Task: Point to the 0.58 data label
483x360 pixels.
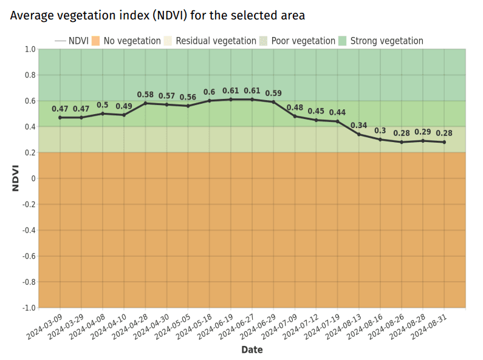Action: click(x=145, y=95)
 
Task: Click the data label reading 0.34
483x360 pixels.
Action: click(x=359, y=126)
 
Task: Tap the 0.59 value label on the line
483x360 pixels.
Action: click(x=273, y=93)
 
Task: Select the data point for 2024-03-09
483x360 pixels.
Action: click(x=60, y=117)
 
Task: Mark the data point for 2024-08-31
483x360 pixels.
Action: click(x=444, y=142)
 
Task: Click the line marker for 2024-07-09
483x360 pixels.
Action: click(x=295, y=116)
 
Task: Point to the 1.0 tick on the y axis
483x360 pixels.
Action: click(x=30, y=49)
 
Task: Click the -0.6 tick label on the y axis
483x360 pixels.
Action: click(x=29, y=256)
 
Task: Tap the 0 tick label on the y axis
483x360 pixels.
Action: click(x=33, y=178)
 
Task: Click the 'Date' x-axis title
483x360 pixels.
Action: click(x=252, y=350)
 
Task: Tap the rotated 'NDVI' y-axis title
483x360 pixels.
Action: click(x=16, y=178)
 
